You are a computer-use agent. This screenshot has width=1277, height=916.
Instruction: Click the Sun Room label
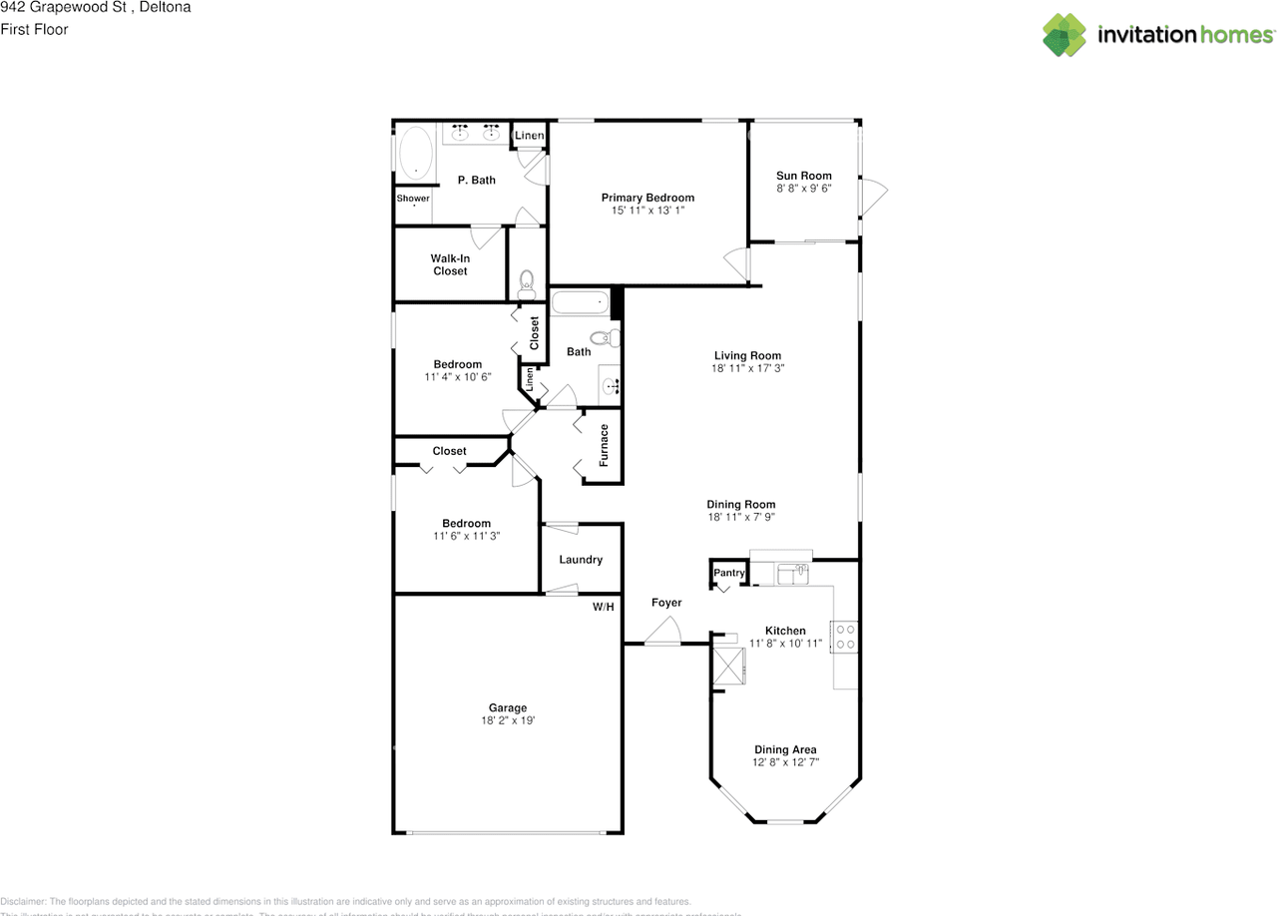pyautogui.click(x=803, y=176)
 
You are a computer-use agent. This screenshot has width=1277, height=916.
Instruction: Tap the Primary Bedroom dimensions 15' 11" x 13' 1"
pyautogui.click(x=647, y=211)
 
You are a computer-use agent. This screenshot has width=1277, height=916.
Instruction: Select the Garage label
pyautogui.click(x=508, y=708)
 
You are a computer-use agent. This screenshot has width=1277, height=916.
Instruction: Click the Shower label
pyautogui.click(x=413, y=199)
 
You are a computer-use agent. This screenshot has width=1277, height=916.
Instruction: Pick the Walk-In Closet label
pyautogui.click(x=450, y=264)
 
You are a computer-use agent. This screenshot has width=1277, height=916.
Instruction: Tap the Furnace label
pyautogui.click(x=604, y=445)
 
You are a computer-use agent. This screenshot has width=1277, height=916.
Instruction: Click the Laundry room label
pyautogui.click(x=581, y=560)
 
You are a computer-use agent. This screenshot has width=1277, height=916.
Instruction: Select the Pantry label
pyautogui.click(x=729, y=573)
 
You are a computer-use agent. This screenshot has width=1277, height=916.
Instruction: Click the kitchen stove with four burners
pyautogui.click(x=845, y=637)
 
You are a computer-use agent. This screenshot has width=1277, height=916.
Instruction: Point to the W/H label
pyautogui.click(x=604, y=607)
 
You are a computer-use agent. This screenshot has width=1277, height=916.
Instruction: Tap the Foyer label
pyautogui.click(x=666, y=603)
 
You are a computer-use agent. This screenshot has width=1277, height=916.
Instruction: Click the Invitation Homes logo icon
pyautogui.click(x=1064, y=35)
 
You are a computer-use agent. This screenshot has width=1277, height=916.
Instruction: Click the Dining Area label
pyautogui.click(x=785, y=749)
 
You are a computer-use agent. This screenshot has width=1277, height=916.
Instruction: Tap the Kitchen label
pyautogui.click(x=785, y=631)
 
